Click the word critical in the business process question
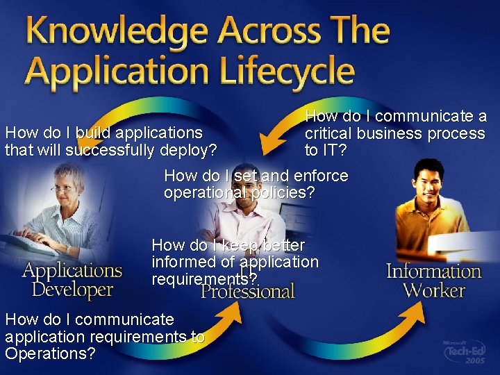pos(328,133)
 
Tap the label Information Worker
pos(433,280)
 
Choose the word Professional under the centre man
pos(248,291)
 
